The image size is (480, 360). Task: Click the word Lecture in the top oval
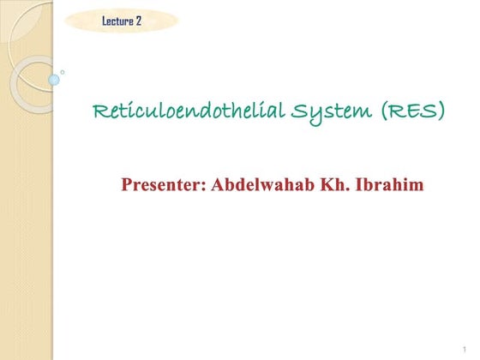click(117, 21)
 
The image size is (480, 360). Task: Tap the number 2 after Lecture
click(139, 21)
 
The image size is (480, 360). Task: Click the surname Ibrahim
click(390, 184)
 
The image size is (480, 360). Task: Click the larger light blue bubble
click(54, 80)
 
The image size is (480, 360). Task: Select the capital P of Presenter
click(128, 184)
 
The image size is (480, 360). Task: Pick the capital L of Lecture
click(105, 21)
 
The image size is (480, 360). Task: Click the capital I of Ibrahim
click(361, 184)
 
